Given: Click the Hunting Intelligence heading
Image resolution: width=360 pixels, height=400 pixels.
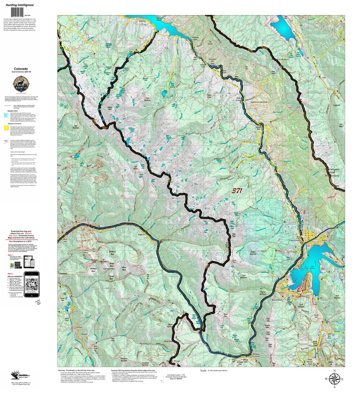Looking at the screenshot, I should pos(20,5).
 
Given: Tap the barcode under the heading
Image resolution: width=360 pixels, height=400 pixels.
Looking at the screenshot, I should pos(20,12).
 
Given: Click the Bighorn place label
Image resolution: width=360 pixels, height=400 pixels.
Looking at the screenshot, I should pos(142,235).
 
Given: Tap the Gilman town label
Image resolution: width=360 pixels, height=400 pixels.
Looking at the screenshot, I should pos(80,327).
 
